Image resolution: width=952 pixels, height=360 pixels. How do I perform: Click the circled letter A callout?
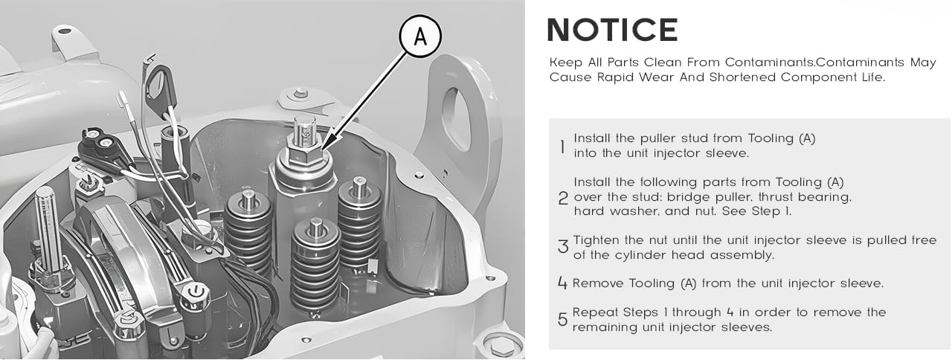[x=420, y=36]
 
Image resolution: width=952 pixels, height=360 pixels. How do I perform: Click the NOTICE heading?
[x=612, y=30]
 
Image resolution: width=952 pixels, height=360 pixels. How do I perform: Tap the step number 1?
[x=563, y=147]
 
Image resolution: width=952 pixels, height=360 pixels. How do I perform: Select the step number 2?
[x=563, y=198]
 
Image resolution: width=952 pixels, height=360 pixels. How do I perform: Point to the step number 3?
[x=563, y=246]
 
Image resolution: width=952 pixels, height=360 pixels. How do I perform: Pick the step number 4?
[x=562, y=283]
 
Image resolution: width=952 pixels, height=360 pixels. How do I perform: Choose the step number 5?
[x=562, y=319]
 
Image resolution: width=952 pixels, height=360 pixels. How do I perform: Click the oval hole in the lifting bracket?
[x=457, y=120]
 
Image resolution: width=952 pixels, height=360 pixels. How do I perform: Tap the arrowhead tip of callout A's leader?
[x=322, y=150]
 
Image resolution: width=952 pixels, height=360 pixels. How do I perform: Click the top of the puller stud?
[x=304, y=119]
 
